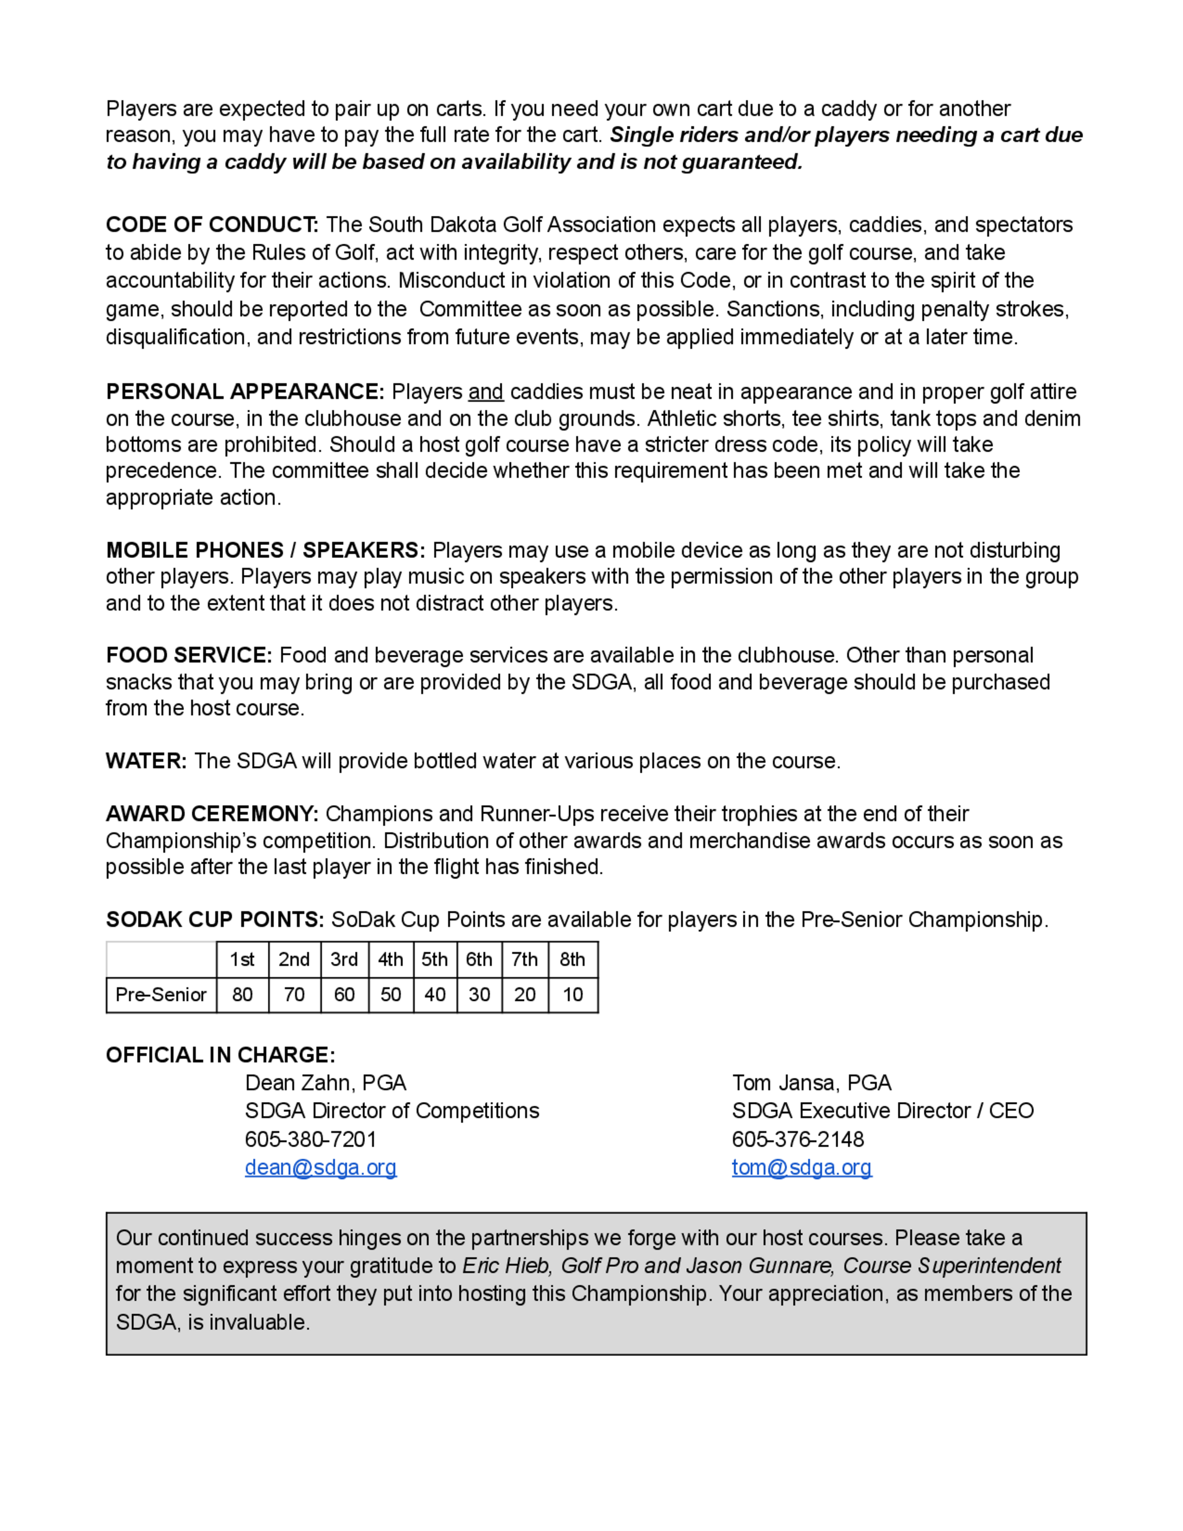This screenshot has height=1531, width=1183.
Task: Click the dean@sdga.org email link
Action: click(x=320, y=1167)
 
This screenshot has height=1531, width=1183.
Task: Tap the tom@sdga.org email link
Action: click(x=801, y=1167)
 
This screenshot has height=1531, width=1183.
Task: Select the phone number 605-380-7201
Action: click(x=311, y=1139)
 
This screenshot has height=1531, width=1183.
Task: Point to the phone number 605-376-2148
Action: click(x=797, y=1139)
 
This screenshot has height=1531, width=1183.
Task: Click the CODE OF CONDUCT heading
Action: click(x=212, y=225)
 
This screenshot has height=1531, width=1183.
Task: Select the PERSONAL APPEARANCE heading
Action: click(x=245, y=391)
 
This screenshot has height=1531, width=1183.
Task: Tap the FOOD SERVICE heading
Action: click(x=189, y=655)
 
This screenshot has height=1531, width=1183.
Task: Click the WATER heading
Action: click(x=146, y=761)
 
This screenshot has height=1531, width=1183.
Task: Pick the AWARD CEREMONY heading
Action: click(x=212, y=814)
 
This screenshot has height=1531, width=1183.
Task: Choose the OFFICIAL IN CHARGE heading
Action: click(x=220, y=1055)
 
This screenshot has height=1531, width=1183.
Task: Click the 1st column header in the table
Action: click(x=242, y=960)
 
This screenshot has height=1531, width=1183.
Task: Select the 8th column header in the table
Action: click(x=572, y=960)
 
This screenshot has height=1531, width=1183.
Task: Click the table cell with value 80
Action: click(x=242, y=994)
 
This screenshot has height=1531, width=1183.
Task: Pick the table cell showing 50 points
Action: click(x=390, y=994)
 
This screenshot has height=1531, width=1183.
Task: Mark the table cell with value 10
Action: click(x=572, y=994)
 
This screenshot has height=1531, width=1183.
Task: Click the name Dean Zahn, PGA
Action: click(x=325, y=1083)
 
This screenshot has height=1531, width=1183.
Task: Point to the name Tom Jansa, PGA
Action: click(x=811, y=1083)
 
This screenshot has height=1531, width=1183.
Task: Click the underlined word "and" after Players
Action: click(x=486, y=392)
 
